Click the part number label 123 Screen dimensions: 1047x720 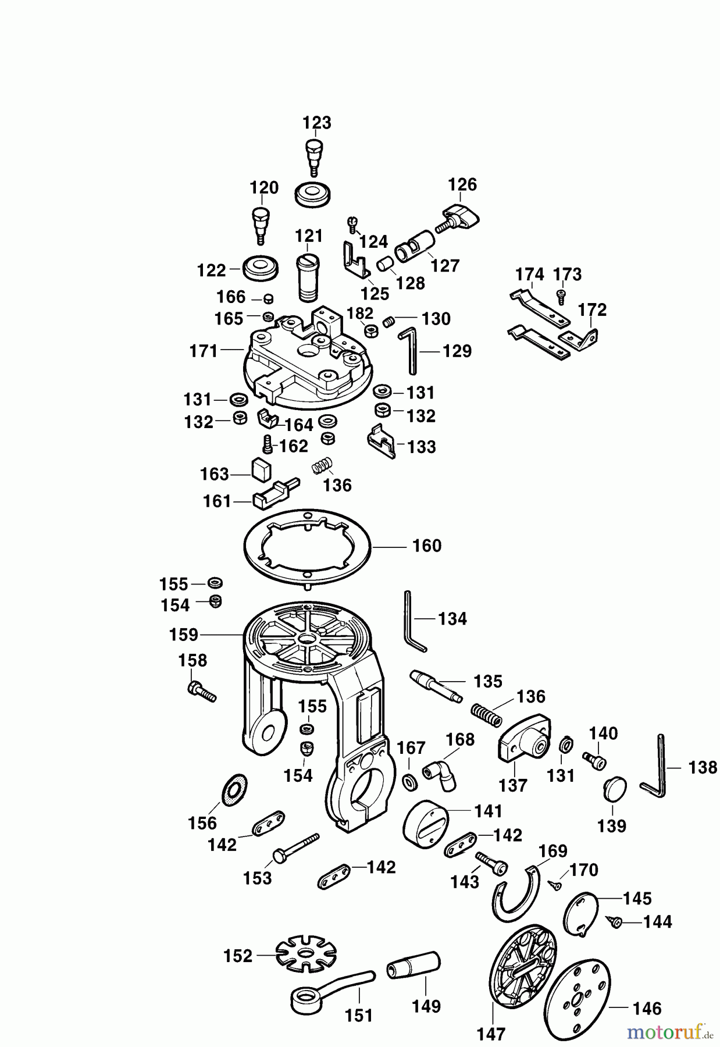pyautogui.click(x=317, y=123)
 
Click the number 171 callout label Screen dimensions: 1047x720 pyautogui.click(x=204, y=351)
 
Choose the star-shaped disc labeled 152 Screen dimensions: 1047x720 pyautogui.click(x=306, y=955)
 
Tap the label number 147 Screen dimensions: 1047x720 pyautogui.click(x=491, y=1034)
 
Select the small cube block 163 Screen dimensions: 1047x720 pyautogui.click(x=261, y=469)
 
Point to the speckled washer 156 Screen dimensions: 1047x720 pyautogui.click(x=235, y=790)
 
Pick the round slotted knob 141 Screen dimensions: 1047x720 pyautogui.click(x=425, y=821)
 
